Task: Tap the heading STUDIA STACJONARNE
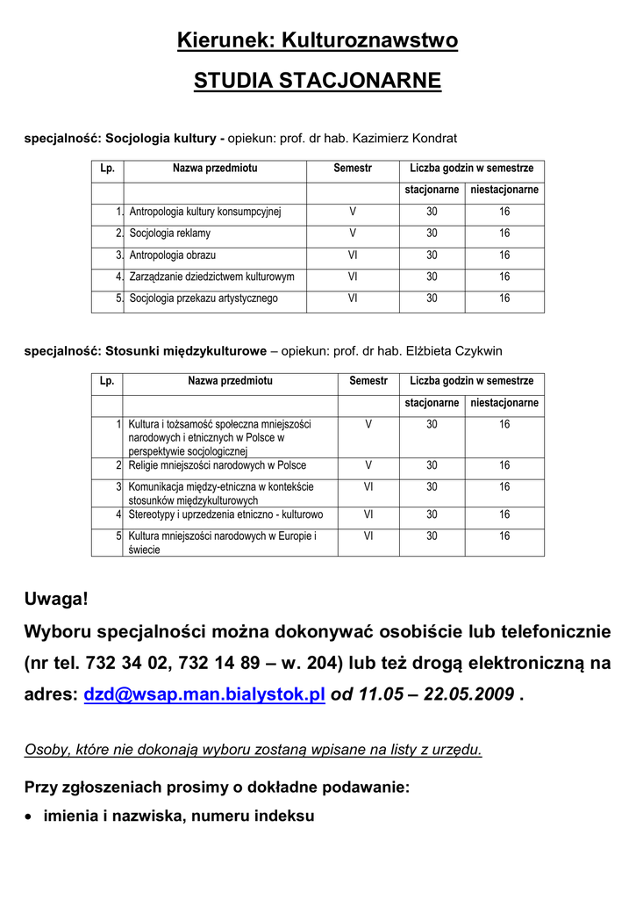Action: (x=318, y=82)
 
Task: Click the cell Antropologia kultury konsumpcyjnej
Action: (x=205, y=212)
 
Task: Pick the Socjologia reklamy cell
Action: (x=170, y=234)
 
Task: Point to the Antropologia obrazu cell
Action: (x=173, y=255)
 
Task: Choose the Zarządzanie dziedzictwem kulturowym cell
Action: (x=211, y=277)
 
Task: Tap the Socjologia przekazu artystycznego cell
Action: (x=204, y=298)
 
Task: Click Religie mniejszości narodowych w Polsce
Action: (x=218, y=465)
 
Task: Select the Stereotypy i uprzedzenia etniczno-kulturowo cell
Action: (x=225, y=514)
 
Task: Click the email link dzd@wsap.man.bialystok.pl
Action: (x=204, y=694)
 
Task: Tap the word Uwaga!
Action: (x=56, y=600)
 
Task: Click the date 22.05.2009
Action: (x=468, y=694)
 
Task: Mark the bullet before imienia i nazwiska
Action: (x=30, y=816)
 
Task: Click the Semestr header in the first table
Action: (x=353, y=168)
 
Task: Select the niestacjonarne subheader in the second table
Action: (x=504, y=403)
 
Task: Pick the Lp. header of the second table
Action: (x=108, y=381)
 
